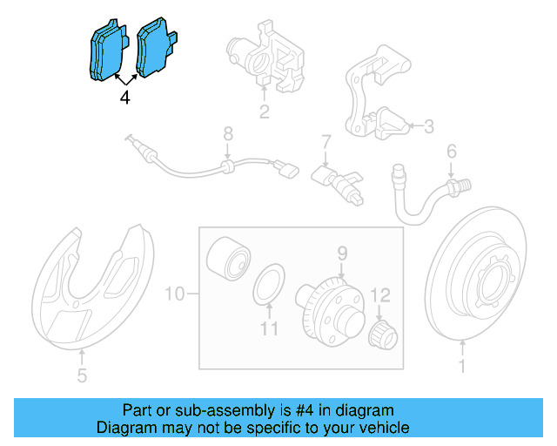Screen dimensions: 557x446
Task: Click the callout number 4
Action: (x=124, y=97)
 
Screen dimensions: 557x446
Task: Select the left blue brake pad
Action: (x=107, y=50)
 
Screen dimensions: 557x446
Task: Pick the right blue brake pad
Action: (x=156, y=46)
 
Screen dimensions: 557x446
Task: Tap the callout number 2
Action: (x=265, y=111)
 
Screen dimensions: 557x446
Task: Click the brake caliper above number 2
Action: (x=265, y=57)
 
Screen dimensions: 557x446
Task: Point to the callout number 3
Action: (x=429, y=126)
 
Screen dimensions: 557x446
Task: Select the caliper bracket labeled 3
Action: (x=378, y=93)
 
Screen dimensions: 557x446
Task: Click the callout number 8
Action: (x=228, y=134)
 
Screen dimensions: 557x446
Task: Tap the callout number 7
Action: (x=326, y=141)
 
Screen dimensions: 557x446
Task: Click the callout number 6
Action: (x=451, y=152)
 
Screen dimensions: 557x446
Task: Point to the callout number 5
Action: (x=82, y=375)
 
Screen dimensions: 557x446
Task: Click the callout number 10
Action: (x=175, y=294)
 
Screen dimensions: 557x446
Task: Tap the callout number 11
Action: (x=269, y=329)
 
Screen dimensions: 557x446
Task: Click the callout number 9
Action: (x=342, y=253)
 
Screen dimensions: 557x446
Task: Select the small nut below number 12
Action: (x=383, y=334)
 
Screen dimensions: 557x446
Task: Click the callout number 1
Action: (x=462, y=366)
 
